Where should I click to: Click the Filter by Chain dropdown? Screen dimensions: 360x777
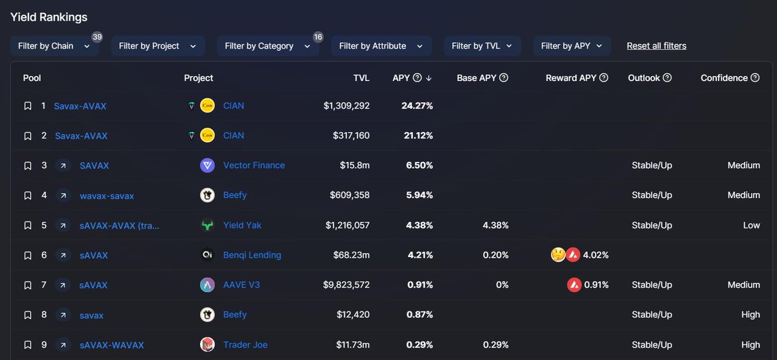[54, 46]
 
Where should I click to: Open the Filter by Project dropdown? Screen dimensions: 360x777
[157, 46]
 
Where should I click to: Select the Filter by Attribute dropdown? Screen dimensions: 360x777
[381, 46]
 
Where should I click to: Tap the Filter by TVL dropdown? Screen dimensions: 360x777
[482, 46]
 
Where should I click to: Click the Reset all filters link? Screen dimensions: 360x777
[656, 46]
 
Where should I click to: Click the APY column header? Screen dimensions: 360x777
[401, 78]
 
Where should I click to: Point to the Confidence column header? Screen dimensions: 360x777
[724, 78]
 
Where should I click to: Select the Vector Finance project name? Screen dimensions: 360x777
[254, 165]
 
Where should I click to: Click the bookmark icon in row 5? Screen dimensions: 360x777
[27, 225]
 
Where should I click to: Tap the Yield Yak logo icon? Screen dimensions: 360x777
[207, 225]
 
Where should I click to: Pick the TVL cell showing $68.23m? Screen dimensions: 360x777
[350, 255]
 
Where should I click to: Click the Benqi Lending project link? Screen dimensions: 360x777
[252, 255]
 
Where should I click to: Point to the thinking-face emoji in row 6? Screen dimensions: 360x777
[558, 255]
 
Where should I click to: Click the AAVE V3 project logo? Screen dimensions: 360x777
[207, 285]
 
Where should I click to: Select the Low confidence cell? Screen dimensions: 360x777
[751, 225]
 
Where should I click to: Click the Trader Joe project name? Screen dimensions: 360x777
[245, 344]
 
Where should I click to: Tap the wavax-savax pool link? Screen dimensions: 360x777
[107, 195]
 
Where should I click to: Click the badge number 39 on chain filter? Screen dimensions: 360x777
[97, 37]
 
